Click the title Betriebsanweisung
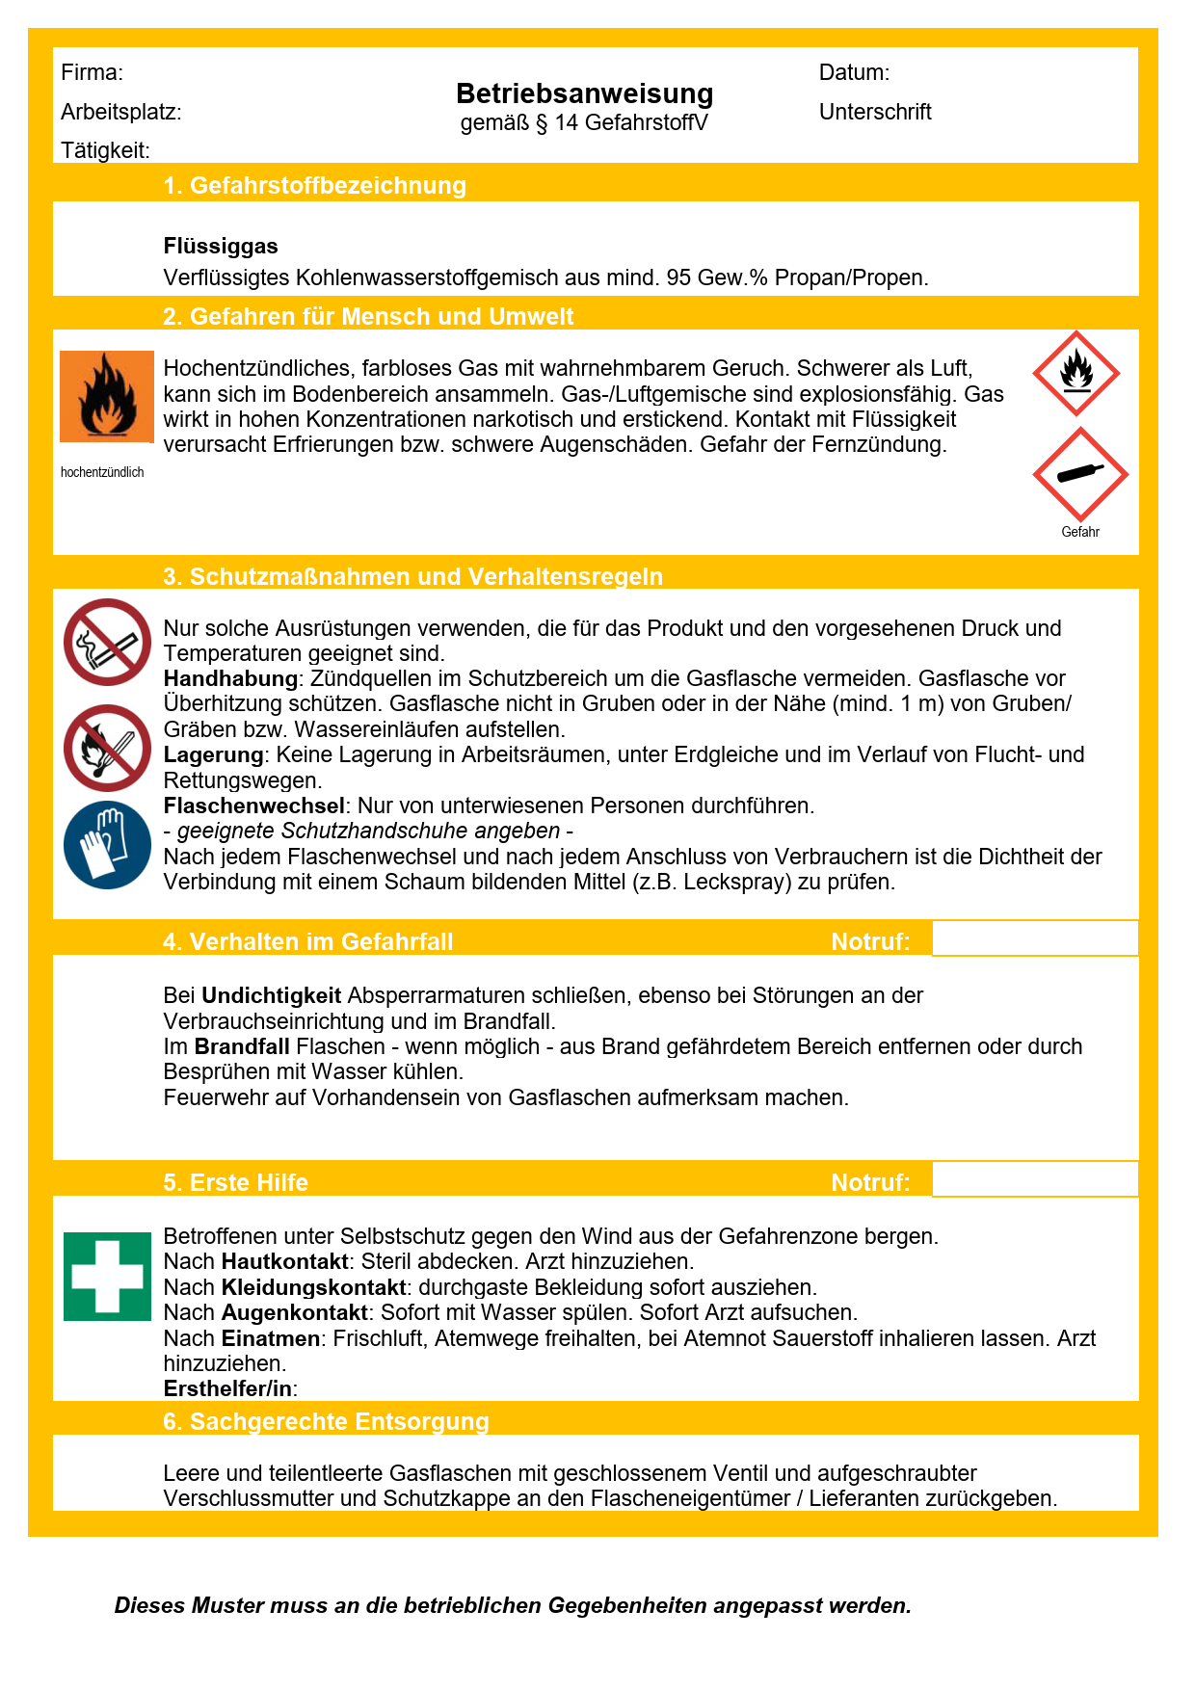(584, 93)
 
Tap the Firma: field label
(92, 72)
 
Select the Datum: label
(854, 72)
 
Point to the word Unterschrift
(875, 112)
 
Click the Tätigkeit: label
(105, 150)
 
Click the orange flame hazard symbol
(107, 396)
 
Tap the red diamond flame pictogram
(1075, 374)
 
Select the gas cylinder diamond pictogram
(1080, 474)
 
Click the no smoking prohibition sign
(107, 642)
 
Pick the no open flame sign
(107, 748)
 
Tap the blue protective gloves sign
(107, 845)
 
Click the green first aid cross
(107, 1276)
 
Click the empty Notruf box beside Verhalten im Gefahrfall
(1034, 938)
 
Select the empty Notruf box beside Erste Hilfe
(1034, 1179)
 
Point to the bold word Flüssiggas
(221, 247)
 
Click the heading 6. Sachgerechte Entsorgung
(326, 1421)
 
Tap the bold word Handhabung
(230, 678)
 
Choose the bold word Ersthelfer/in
(227, 1388)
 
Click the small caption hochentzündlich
(102, 472)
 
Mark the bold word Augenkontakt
(294, 1312)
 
